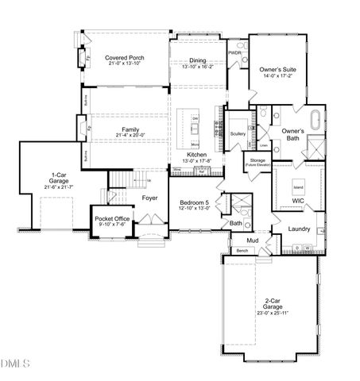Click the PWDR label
[x=234, y=52]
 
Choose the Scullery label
[x=238, y=134]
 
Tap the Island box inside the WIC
[x=299, y=188]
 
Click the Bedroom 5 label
[x=194, y=203]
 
